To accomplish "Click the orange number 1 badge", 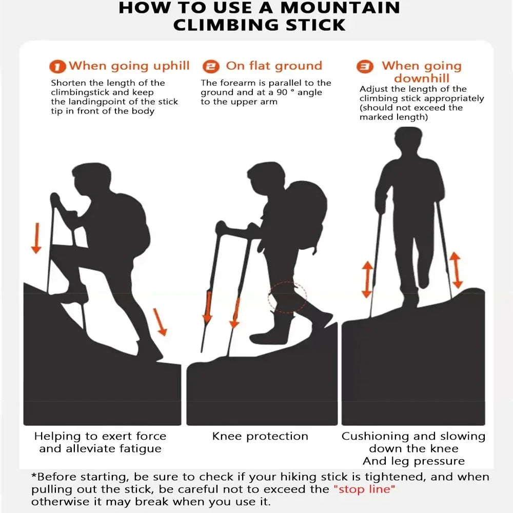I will click(57, 67).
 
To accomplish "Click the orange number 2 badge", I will click(210, 67).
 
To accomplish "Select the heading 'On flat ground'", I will click(274, 66).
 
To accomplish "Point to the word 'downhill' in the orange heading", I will click(422, 78).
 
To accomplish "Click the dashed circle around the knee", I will click(287, 297).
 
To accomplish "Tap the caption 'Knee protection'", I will click(260, 437).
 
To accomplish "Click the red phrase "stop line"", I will click(365, 489).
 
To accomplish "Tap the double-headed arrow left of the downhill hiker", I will click(366, 279).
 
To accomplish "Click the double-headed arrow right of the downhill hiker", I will click(456, 270).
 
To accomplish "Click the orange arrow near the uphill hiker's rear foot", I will click(161, 322).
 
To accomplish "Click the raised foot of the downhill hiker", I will click(423, 280).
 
